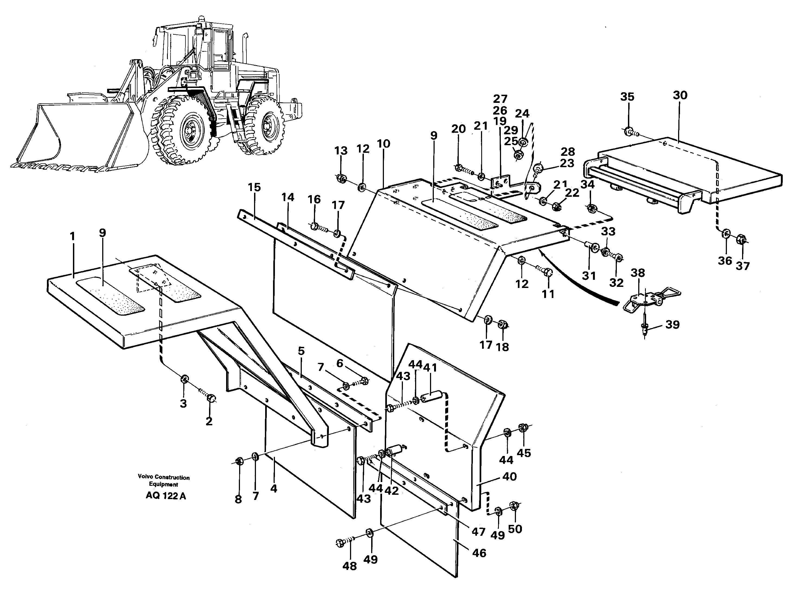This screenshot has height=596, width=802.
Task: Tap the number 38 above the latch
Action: pyautogui.click(x=638, y=273)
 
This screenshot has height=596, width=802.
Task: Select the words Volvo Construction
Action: pyautogui.click(x=164, y=477)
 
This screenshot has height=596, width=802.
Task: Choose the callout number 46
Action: pyautogui.click(x=479, y=553)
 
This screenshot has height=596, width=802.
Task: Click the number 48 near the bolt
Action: pyautogui.click(x=349, y=566)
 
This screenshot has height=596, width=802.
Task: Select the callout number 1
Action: pyautogui.click(x=72, y=237)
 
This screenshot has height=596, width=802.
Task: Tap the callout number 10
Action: pyautogui.click(x=384, y=144)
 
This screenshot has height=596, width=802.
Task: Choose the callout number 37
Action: pyautogui.click(x=743, y=266)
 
